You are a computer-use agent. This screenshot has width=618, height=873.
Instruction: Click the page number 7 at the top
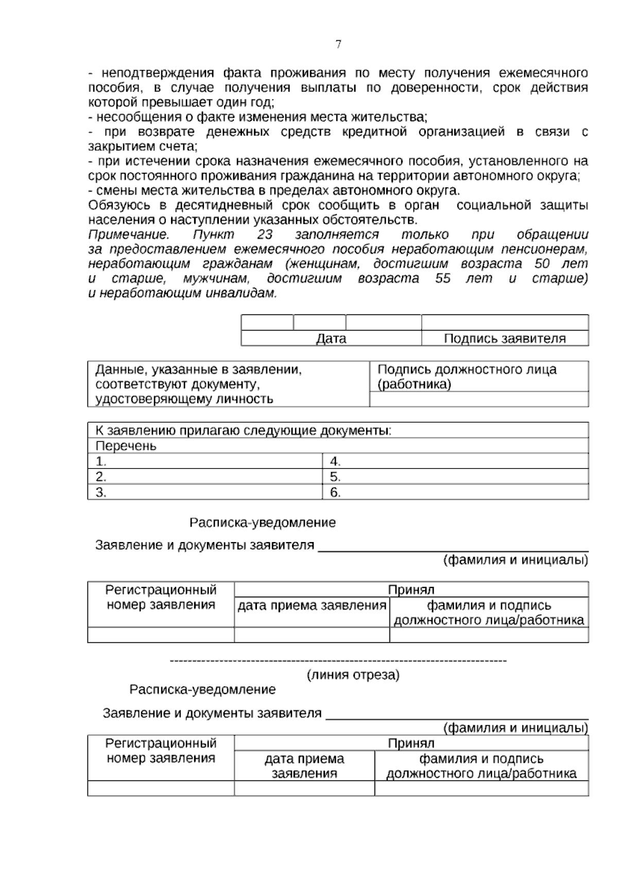pos(338,44)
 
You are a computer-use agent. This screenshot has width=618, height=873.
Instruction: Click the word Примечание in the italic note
pos(129,235)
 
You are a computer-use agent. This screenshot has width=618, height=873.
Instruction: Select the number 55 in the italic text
pos(442,279)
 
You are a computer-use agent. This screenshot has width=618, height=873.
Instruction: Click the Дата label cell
pos(331,339)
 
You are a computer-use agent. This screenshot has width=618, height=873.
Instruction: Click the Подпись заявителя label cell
pos(505,339)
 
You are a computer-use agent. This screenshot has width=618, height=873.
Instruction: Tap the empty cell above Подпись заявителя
pos(505,323)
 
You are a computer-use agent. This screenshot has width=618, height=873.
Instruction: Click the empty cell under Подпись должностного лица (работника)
pos(479,399)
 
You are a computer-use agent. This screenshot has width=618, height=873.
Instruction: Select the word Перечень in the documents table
pos(126,446)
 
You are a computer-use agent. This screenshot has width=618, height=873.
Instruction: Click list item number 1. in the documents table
pos(101,461)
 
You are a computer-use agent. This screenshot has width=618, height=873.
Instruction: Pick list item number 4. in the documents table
pos(335,461)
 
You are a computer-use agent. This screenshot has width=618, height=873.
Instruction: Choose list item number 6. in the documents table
pos(335,493)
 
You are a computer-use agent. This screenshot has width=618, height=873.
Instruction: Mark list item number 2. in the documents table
pos(101,477)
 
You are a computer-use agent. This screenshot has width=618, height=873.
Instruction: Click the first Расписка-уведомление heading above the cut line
pos(263,523)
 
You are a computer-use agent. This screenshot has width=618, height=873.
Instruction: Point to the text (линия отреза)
pos(353,675)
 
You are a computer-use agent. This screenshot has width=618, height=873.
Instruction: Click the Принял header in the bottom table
pos(411,743)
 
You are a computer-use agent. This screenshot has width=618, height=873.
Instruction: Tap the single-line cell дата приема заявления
pos(312,606)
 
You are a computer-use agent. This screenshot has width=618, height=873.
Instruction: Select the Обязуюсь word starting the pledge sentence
pos(119,205)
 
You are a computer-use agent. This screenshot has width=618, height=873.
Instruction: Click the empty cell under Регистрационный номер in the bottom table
pos(161,788)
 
